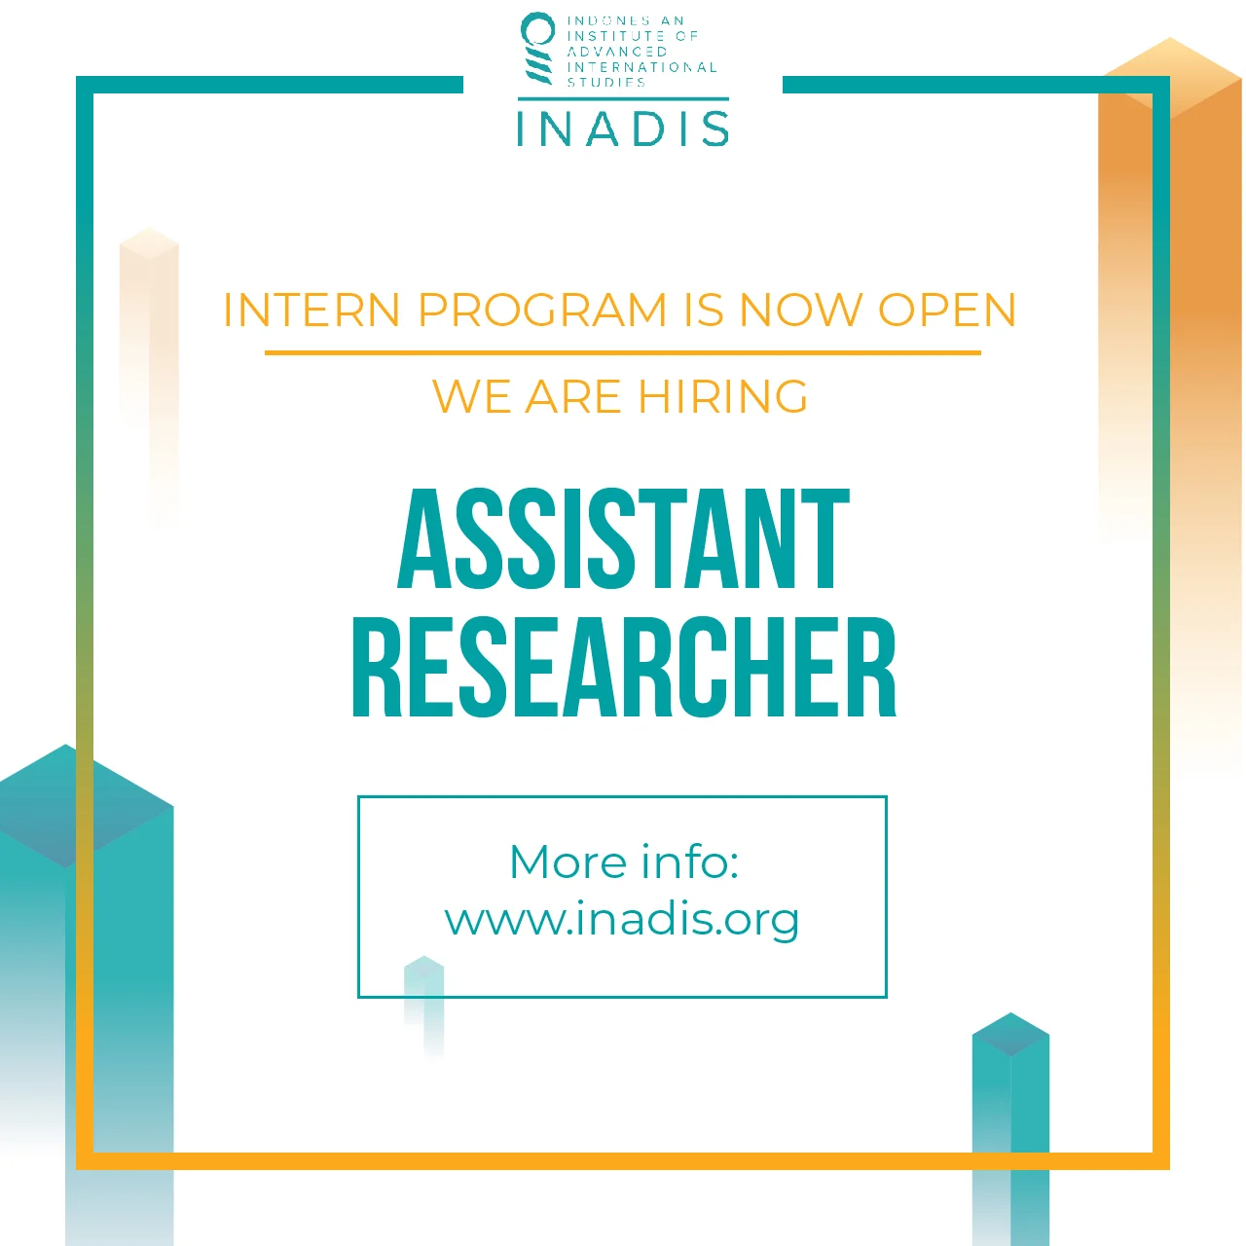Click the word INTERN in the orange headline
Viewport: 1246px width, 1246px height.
coord(311,311)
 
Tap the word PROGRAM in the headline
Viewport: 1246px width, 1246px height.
coord(542,311)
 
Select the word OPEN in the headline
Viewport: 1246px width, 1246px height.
coord(947,311)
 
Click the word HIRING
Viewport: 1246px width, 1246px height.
coord(722,397)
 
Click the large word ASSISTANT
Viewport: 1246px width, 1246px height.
coord(623,540)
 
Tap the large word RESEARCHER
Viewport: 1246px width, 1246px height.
coord(623,669)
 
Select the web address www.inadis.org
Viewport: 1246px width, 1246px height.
coord(622,920)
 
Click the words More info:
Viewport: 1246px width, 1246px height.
coord(624,862)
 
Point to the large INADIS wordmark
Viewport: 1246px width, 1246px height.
coord(623,128)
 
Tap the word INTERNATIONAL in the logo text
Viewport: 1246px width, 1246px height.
coord(642,67)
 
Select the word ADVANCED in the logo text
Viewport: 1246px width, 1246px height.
coord(617,52)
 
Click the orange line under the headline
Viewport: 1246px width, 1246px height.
coord(623,352)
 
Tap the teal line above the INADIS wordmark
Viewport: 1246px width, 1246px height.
coord(623,98)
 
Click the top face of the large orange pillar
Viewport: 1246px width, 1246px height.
coord(1171,73)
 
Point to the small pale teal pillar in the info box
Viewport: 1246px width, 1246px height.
coord(424,1003)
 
